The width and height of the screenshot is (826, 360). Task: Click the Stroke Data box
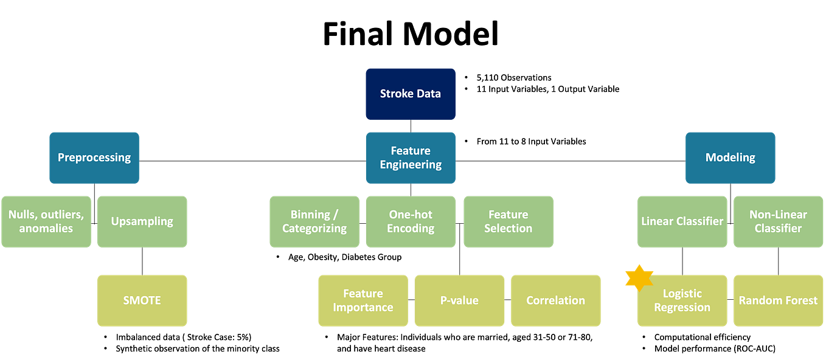[x=410, y=94]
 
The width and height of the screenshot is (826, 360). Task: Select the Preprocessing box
[x=94, y=157]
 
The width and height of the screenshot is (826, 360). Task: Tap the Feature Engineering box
[x=411, y=157]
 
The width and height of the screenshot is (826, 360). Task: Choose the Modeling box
[x=730, y=157]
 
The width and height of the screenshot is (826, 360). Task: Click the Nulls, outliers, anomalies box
[x=46, y=221]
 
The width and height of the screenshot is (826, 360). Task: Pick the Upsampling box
[x=142, y=221]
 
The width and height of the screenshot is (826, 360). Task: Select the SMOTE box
[x=142, y=300]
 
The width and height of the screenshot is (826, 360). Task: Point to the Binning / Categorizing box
[x=314, y=221]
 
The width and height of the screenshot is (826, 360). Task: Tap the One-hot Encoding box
[x=411, y=221]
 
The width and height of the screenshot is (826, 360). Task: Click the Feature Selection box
[x=508, y=221]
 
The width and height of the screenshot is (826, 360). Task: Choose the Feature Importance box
[x=363, y=300]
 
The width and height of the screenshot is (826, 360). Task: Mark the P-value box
[x=459, y=300]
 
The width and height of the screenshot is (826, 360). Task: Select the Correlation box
[x=555, y=300]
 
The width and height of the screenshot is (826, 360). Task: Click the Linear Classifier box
[x=682, y=221]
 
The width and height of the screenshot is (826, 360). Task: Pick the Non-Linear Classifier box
[x=778, y=221]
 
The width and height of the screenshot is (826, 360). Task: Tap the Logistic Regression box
[x=682, y=300]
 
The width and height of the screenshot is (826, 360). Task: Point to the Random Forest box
[x=778, y=300]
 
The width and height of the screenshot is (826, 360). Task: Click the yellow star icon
[x=639, y=277]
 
